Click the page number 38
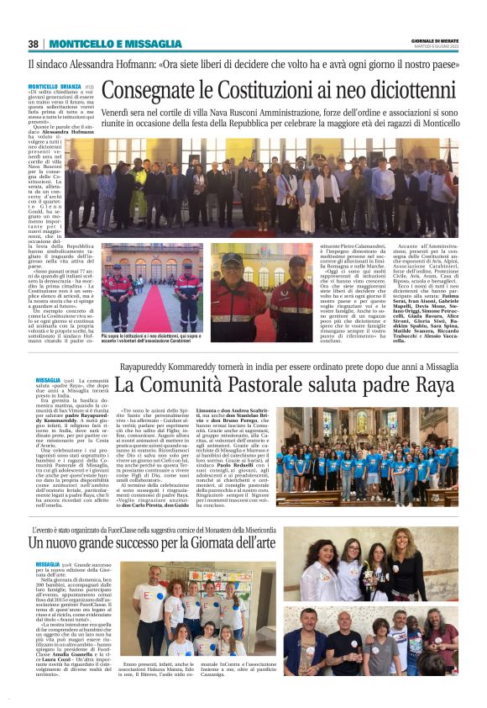click(34, 44)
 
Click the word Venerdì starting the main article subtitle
click(117, 110)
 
